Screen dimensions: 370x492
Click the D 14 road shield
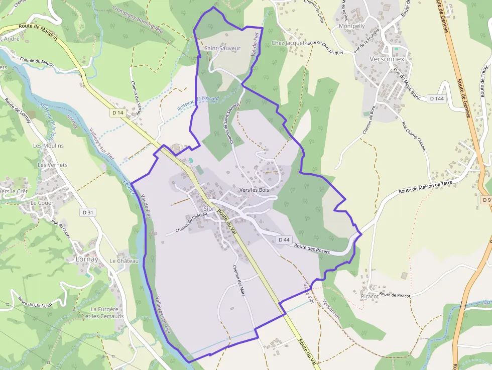click(118, 113)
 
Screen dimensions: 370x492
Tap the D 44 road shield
click(284, 240)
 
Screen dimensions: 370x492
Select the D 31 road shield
click(88, 212)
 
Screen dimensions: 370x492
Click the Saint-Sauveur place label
click(222, 48)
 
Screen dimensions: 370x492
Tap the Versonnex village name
click(390, 59)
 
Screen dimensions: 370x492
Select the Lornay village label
click(87, 260)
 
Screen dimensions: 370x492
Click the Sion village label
click(210, 209)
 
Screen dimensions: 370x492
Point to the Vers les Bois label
click(254, 190)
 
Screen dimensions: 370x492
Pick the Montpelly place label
click(352, 26)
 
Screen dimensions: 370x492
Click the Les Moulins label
click(49, 146)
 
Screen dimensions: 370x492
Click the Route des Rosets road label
click(312, 249)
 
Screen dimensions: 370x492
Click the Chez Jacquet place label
click(288, 43)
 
